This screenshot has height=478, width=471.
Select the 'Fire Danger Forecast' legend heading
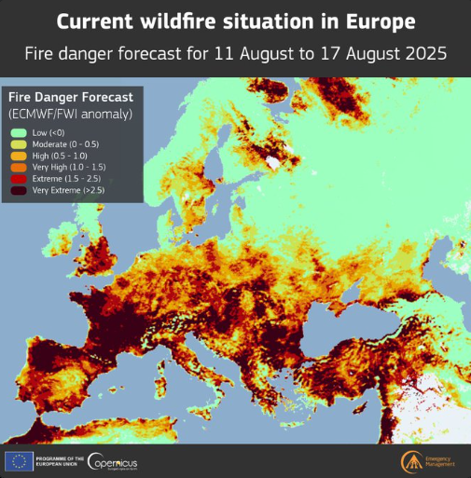70,97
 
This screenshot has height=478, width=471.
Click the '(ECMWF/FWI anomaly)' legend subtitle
70,113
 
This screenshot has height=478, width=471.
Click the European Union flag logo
19,460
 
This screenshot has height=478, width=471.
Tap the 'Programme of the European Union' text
60,460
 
